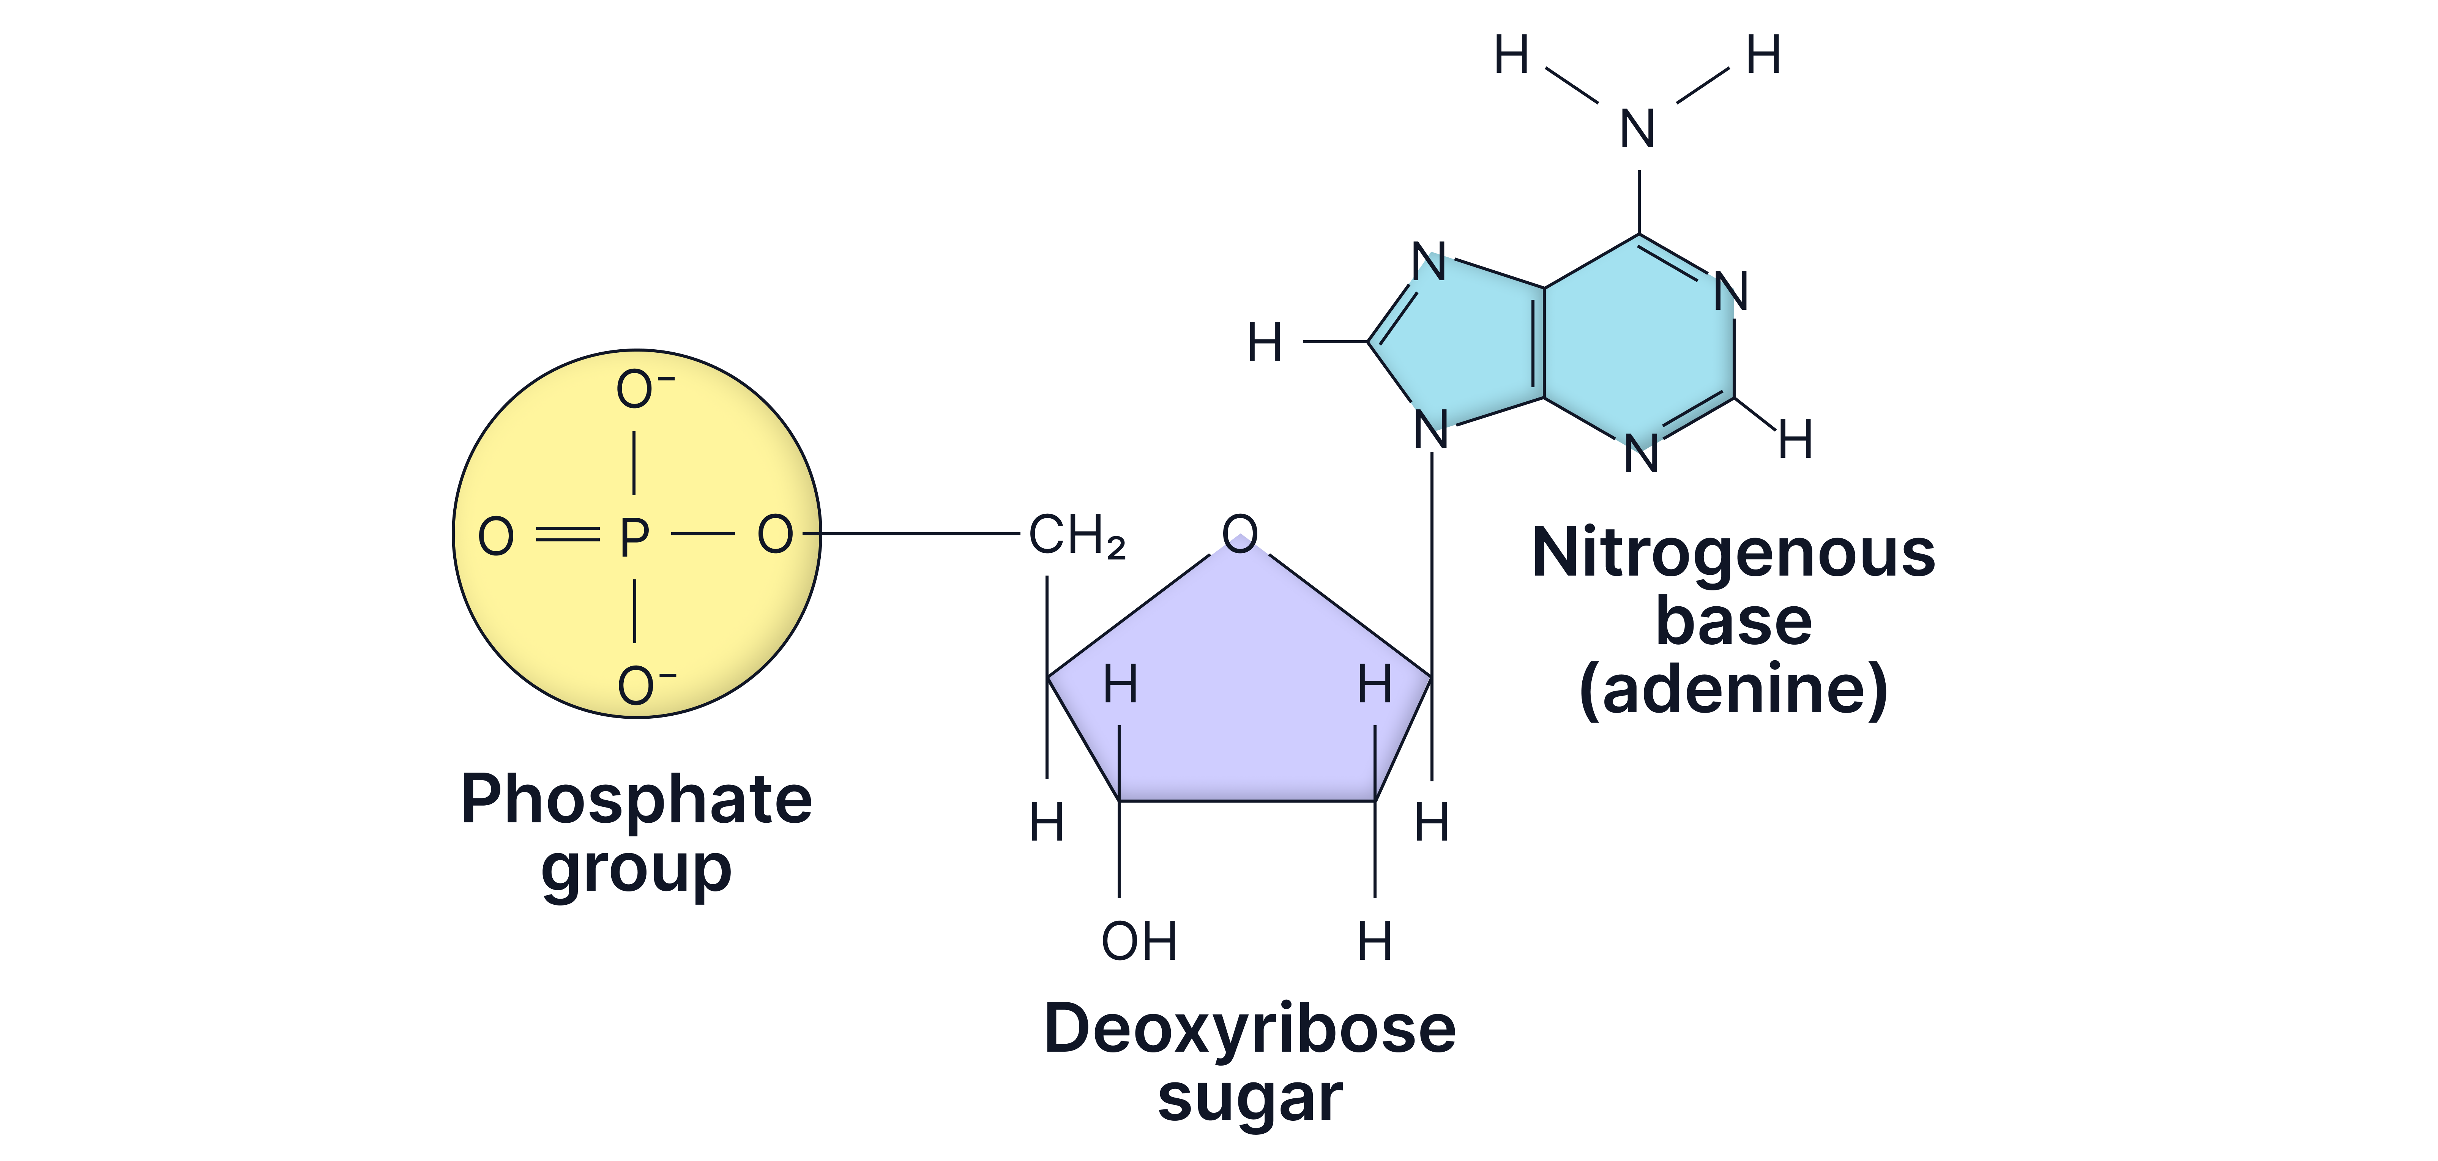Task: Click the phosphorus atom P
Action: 634,536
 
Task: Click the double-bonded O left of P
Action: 496,536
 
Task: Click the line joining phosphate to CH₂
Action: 923,534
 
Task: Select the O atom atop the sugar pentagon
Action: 1240,533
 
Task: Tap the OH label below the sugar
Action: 1139,942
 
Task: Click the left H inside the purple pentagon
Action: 1121,684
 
